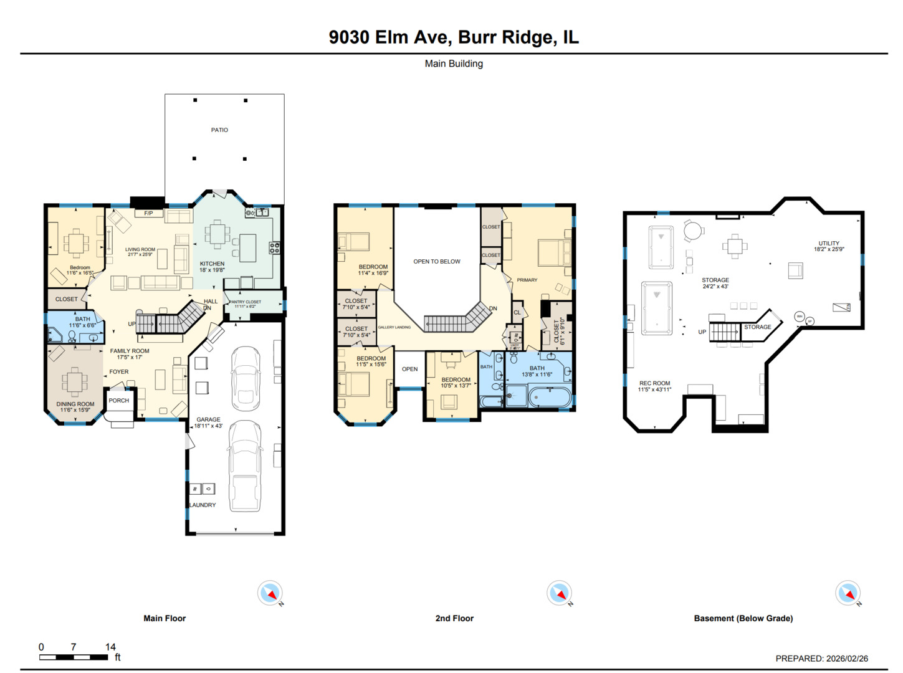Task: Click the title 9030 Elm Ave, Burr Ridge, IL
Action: [453, 37]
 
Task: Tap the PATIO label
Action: [219, 130]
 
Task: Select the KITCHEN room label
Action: [212, 264]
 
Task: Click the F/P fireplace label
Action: [148, 214]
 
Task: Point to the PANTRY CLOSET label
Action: [245, 302]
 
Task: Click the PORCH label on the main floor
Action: [118, 401]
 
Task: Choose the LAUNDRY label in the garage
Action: [203, 505]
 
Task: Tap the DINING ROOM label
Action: [75, 404]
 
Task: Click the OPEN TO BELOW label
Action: [436, 262]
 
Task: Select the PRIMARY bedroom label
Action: [527, 280]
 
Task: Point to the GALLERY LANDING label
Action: [394, 327]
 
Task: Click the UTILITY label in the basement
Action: [828, 244]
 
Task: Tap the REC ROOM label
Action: [654, 384]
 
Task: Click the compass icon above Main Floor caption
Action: [270, 593]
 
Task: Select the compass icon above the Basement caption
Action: [848, 593]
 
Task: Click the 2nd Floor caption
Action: [454, 618]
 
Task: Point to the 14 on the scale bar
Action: [110, 647]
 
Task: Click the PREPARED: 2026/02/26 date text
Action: [821, 658]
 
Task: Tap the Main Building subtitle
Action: [453, 64]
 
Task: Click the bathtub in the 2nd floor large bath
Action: [549, 396]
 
